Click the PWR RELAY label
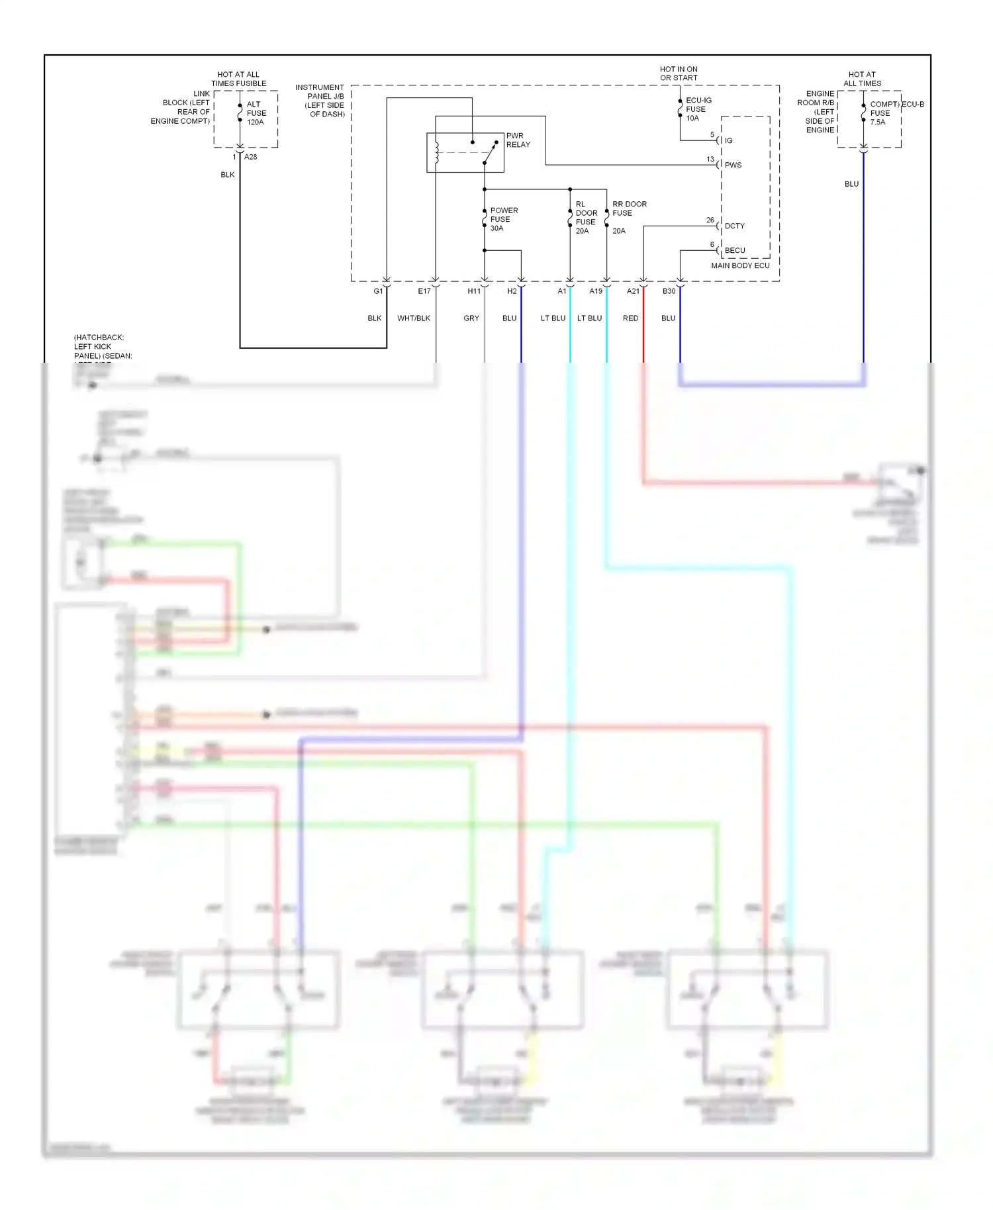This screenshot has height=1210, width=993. [x=518, y=140]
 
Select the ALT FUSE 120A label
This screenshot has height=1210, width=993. [x=256, y=113]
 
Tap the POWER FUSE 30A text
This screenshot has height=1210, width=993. [x=503, y=219]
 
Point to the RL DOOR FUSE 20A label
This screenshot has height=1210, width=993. [x=586, y=218]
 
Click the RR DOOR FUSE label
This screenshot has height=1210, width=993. [x=629, y=209]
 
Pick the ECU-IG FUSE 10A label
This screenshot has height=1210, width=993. [x=698, y=109]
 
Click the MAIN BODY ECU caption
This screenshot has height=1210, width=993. [x=740, y=265]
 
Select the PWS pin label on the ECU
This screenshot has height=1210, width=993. [x=733, y=165]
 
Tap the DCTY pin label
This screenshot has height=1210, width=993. [x=734, y=226]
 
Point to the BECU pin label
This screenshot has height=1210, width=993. [x=734, y=250]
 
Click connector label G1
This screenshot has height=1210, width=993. [x=378, y=291]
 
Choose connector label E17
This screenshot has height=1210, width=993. [x=424, y=291]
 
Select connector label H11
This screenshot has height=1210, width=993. [x=474, y=291]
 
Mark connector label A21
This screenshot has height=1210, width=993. [x=633, y=291]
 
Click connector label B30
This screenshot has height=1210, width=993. [x=669, y=291]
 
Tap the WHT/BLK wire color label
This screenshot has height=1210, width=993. [x=414, y=318]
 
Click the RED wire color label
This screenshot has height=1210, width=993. [x=630, y=318]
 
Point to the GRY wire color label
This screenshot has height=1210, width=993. [x=471, y=318]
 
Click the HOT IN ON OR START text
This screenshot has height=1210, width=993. [x=679, y=73]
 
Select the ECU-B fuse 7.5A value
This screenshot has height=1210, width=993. [x=877, y=122]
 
